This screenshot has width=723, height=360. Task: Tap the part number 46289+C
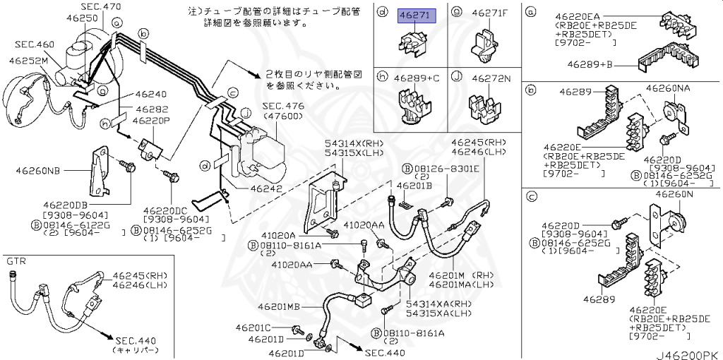pyautogui.click(x=417, y=78)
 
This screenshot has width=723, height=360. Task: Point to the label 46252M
pyautogui.click(x=28, y=61)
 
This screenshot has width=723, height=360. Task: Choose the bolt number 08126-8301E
pyautogui.click(x=446, y=168)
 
